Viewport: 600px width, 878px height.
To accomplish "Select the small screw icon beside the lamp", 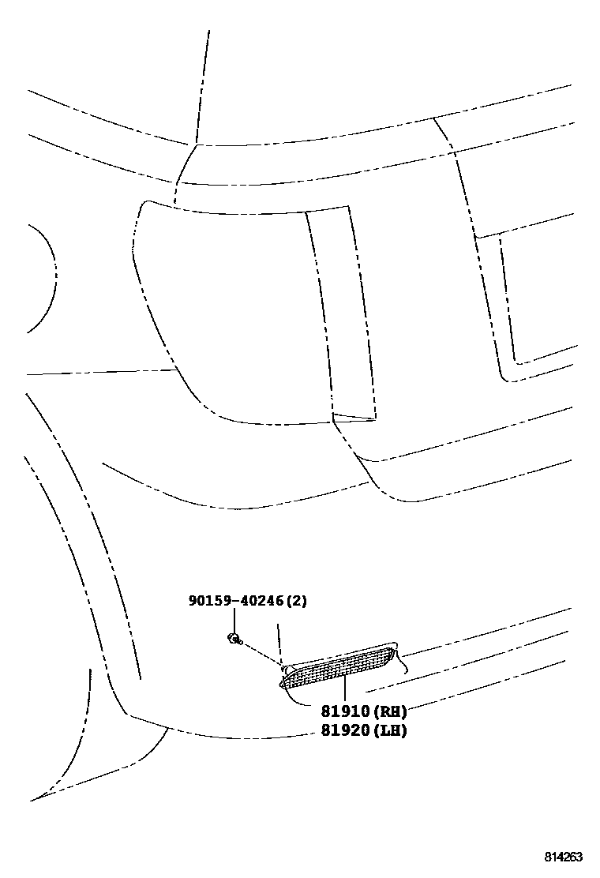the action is [x=234, y=637].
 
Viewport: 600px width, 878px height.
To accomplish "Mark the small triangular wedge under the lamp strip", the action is [x=353, y=416].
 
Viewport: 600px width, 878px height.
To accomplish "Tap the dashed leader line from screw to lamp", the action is [x=261, y=652].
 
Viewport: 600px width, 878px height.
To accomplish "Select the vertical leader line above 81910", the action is [x=345, y=691].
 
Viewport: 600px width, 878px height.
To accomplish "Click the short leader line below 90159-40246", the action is [x=234, y=620].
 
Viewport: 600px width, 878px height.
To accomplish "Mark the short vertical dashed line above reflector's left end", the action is [x=279, y=640].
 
